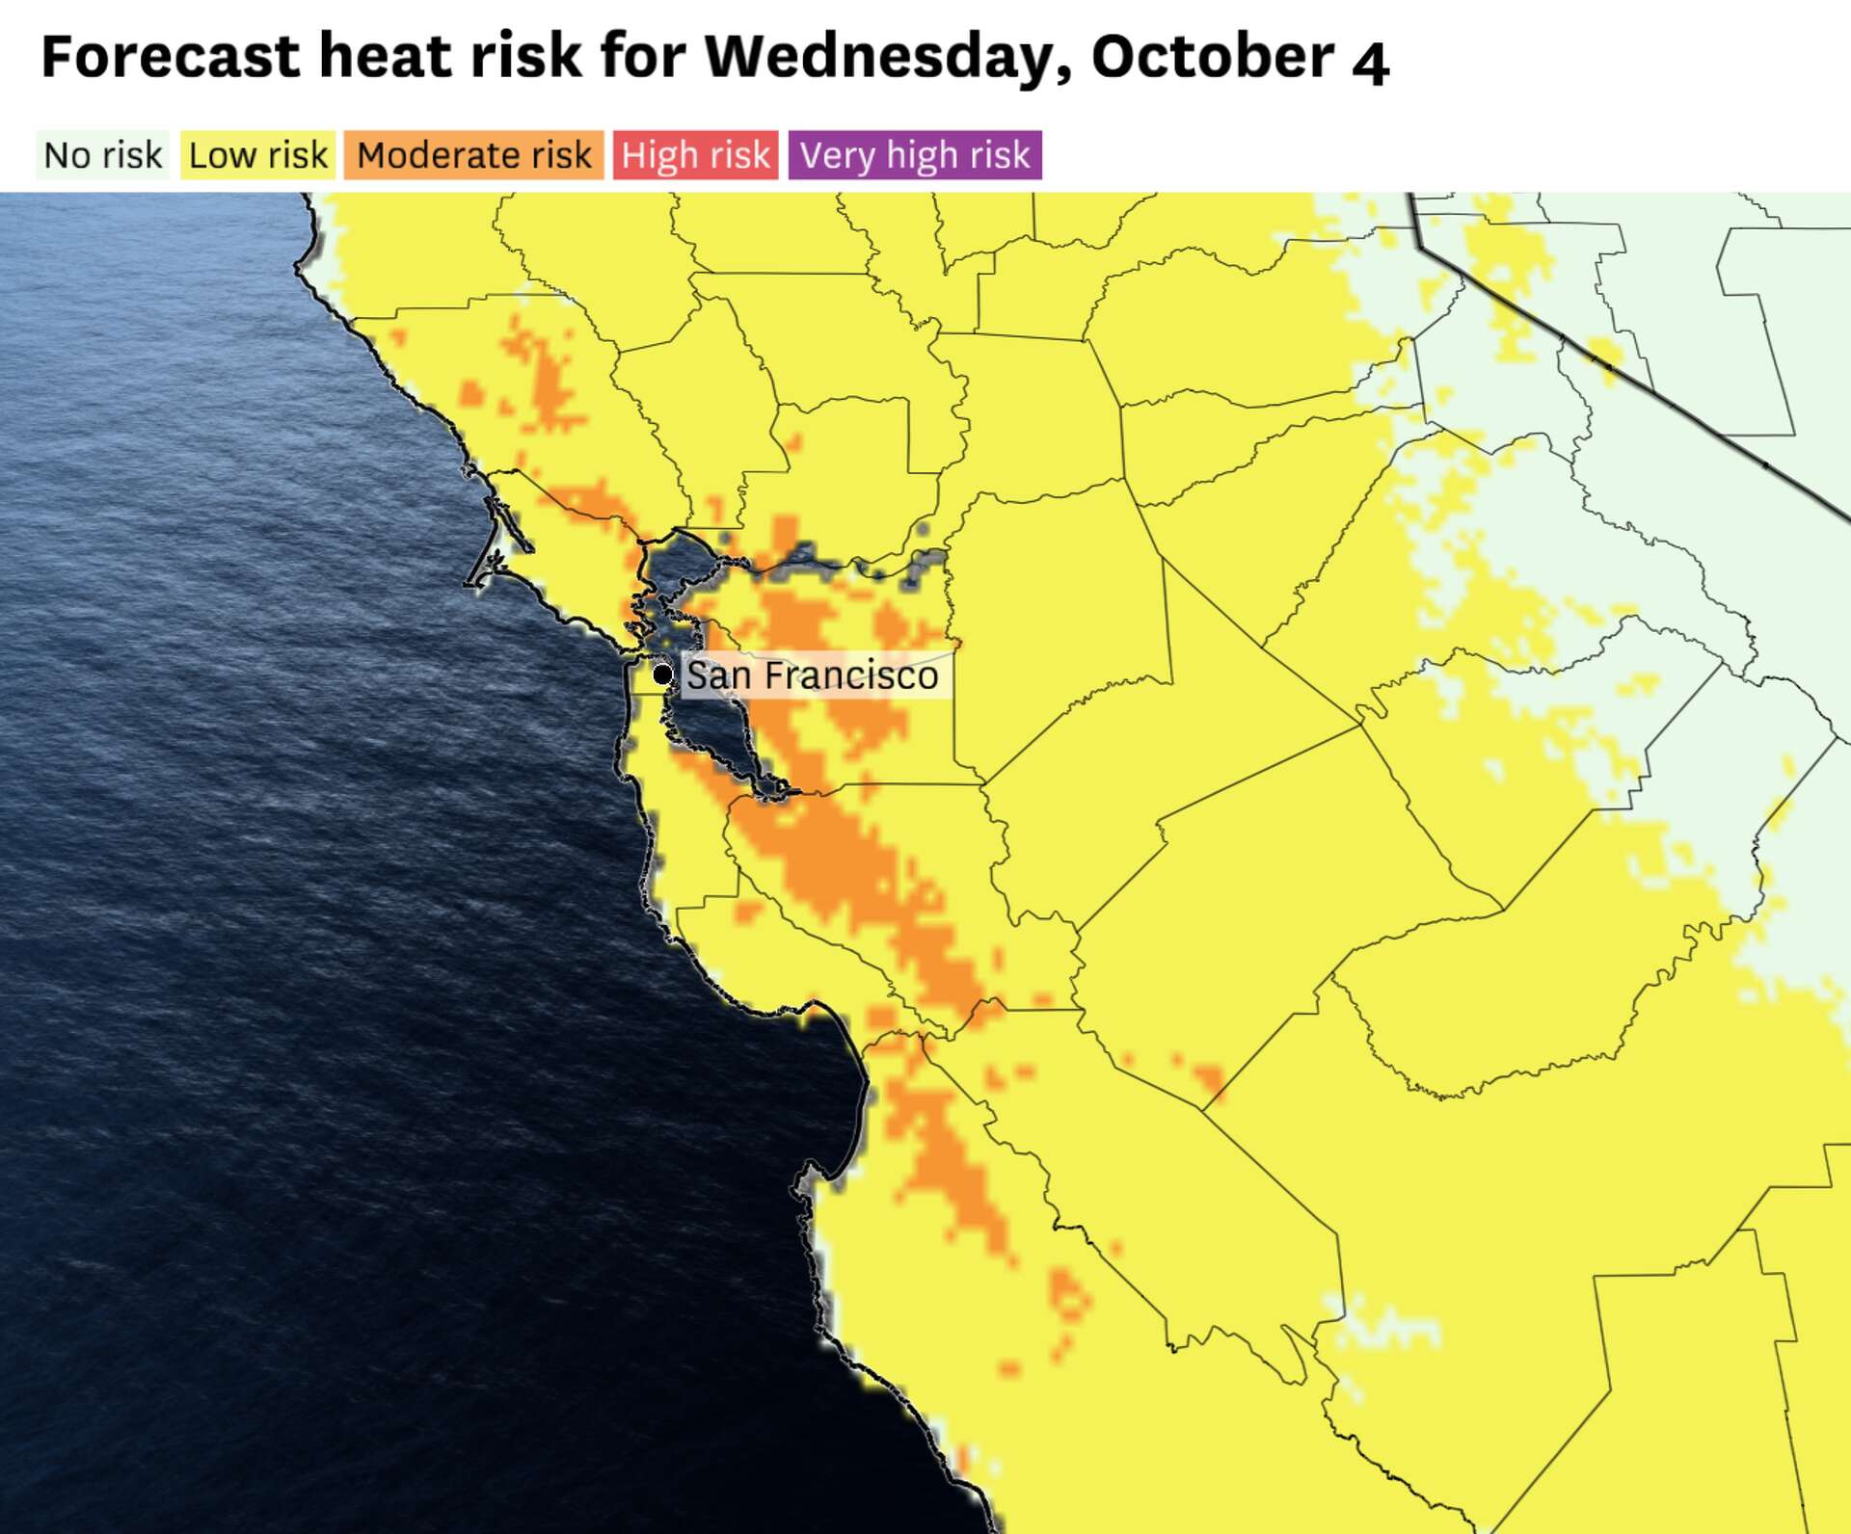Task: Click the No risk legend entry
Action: click(103, 155)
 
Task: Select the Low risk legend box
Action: click(257, 155)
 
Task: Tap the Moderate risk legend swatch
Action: click(473, 155)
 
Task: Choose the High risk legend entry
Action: click(695, 155)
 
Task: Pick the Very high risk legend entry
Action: click(915, 155)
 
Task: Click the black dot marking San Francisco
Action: click(662, 674)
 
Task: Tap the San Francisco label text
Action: click(812, 675)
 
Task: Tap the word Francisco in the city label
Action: click(851, 675)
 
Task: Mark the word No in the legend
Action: click(67, 155)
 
